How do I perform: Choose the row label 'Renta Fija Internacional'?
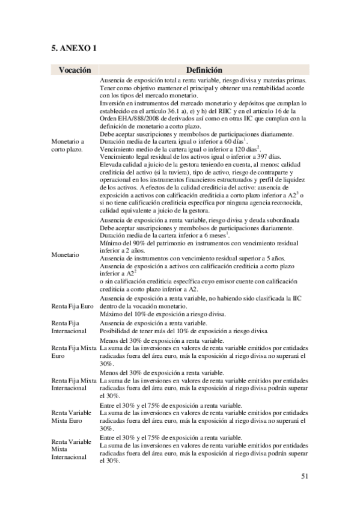(x=69, y=327)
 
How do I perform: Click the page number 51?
(x=304, y=476)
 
